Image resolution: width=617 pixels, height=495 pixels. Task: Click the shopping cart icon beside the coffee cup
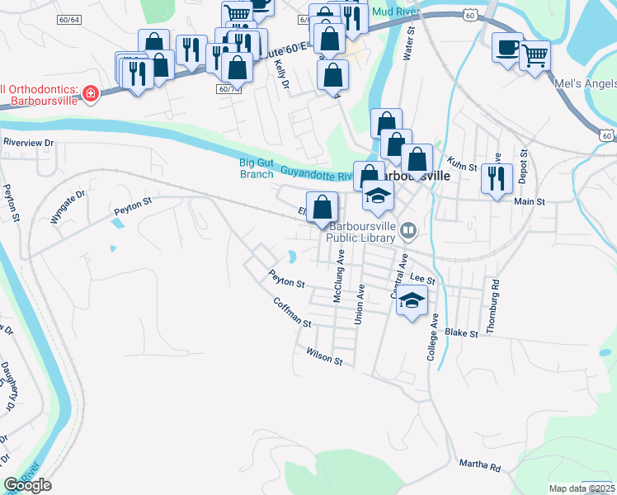pos(535,55)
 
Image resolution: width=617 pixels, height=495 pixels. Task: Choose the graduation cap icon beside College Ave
pos(413,300)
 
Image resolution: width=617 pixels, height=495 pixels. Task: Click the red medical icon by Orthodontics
pos(89,93)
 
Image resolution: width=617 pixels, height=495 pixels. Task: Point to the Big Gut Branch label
pos(257,168)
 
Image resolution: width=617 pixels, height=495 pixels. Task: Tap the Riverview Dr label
pos(28,142)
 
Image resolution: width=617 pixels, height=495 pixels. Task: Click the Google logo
pos(27,485)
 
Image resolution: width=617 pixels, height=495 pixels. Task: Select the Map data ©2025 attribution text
pos(582,488)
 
